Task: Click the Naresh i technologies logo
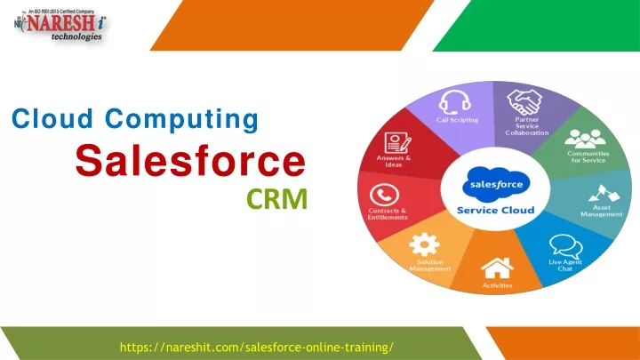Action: tap(60, 25)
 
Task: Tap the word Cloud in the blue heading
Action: tap(52, 119)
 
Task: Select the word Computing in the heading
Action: tap(181, 120)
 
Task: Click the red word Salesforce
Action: tap(190, 161)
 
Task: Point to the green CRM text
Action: tap(277, 199)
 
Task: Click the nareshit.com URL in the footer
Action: tap(257, 348)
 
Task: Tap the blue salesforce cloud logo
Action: tap(496, 184)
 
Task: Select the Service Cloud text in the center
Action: tap(495, 210)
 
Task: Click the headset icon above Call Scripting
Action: tap(455, 102)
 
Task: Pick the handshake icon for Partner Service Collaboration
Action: tap(524, 102)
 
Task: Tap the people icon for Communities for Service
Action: tap(585, 139)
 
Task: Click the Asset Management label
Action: tap(602, 211)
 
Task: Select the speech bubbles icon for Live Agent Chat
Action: tap(565, 246)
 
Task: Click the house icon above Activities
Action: tap(497, 268)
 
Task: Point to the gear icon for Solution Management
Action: tap(425, 244)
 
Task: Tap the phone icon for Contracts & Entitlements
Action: tap(384, 195)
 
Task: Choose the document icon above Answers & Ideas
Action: tap(397, 143)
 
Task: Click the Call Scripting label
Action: tap(457, 120)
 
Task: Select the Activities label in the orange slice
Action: tap(497, 285)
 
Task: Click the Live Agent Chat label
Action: tap(565, 265)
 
